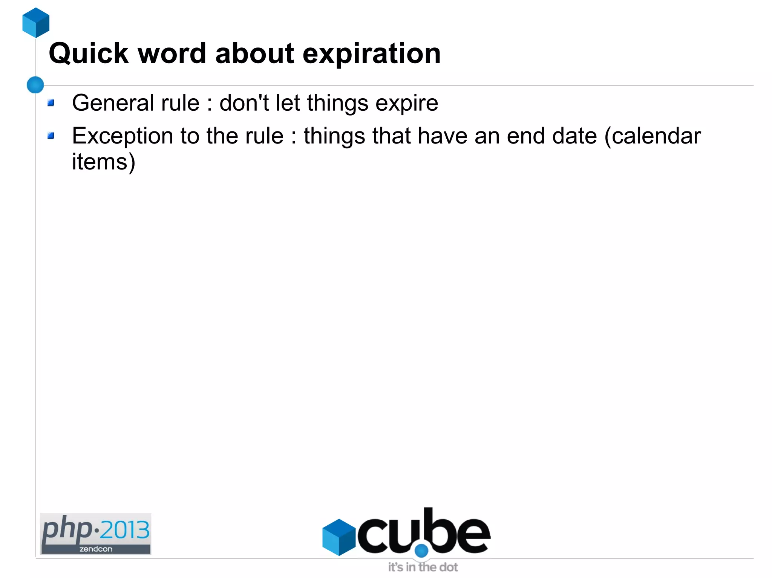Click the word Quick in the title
pos(89,54)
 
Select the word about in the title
pos(254,53)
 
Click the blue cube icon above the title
pos(36,23)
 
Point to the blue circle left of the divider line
pos(35,85)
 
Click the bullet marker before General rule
pos(51,102)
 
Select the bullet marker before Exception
pos(51,136)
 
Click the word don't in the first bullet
pos(244,103)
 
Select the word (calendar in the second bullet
pos(652,136)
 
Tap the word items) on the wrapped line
pos(103,162)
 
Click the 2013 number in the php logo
pos(124,530)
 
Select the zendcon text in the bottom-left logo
pos(96,549)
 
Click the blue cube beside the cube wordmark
pos(339,537)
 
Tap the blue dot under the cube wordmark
pos(421,551)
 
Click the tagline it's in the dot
pos(423,567)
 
